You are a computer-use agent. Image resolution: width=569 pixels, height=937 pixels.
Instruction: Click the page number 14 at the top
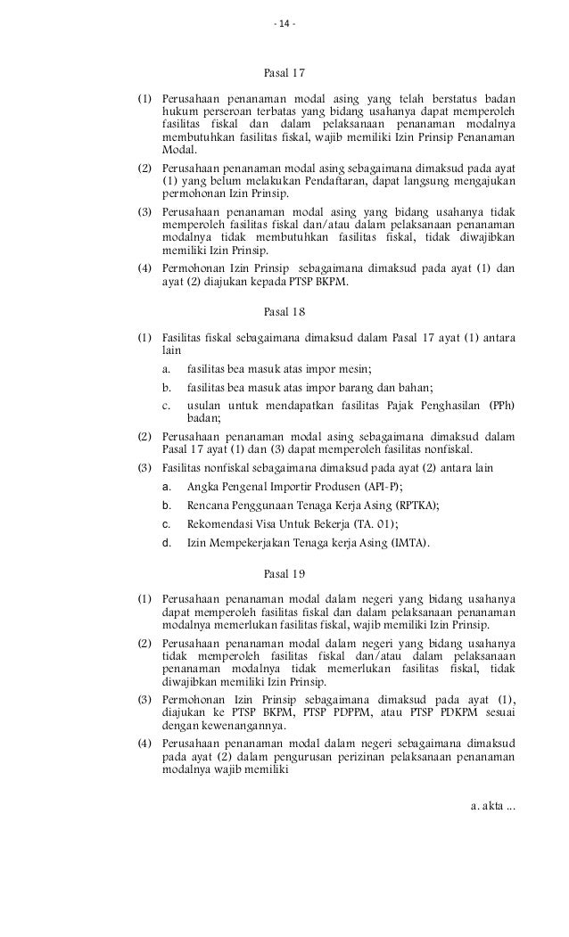(x=284, y=23)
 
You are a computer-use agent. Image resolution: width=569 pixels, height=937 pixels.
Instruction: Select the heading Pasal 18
(x=284, y=312)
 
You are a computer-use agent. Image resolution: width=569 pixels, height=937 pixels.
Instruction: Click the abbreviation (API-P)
(x=383, y=486)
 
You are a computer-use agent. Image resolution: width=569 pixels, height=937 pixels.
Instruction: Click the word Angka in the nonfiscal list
(x=202, y=486)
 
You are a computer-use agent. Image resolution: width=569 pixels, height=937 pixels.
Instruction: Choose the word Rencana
(x=208, y=504)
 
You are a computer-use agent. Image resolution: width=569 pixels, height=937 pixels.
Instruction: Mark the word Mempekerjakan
(x=244, y=541)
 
